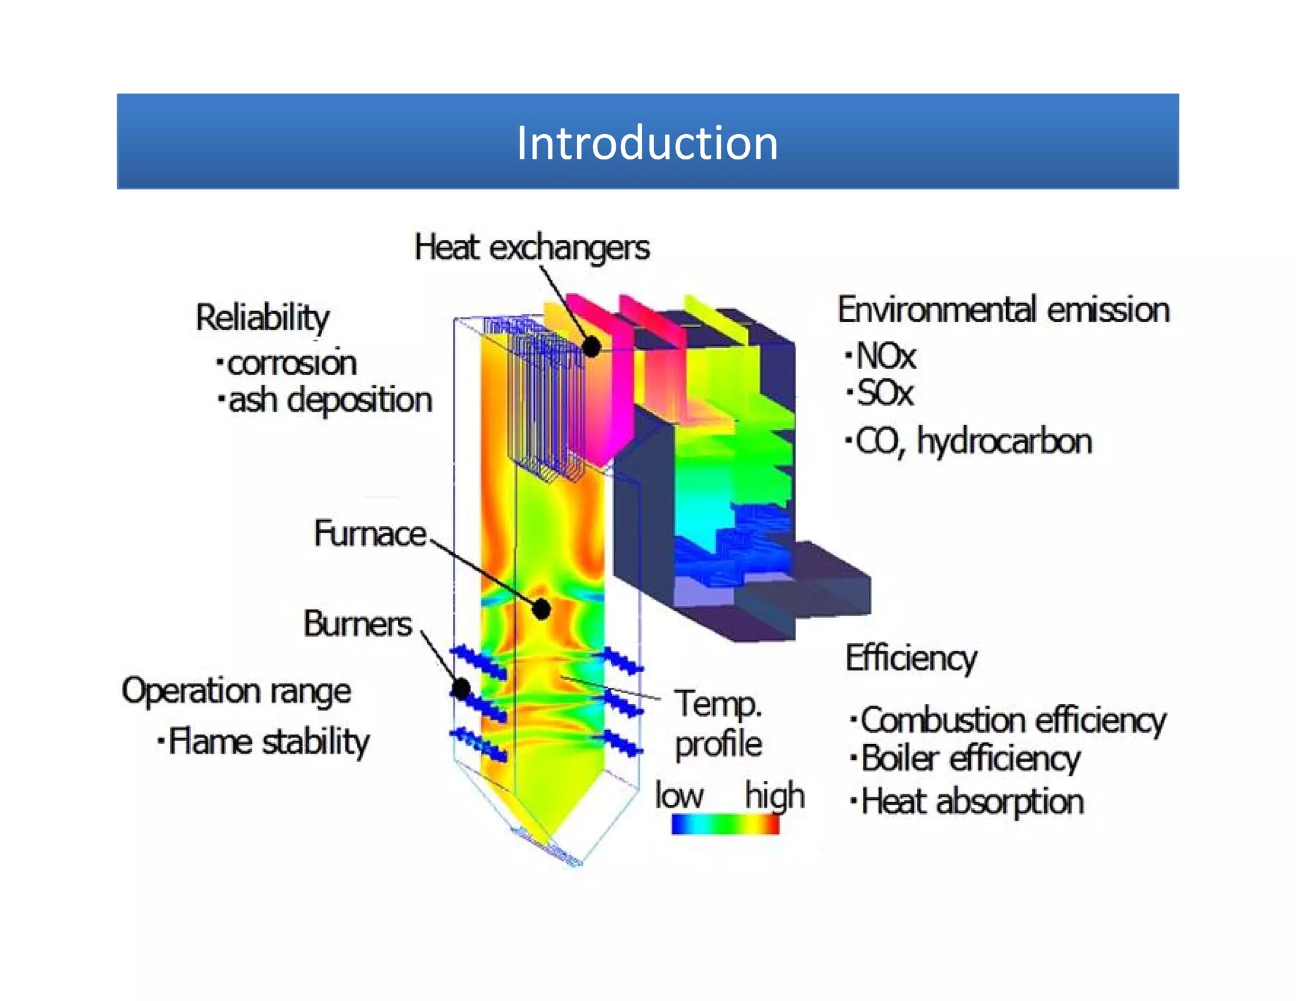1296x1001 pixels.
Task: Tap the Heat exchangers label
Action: click(532, 247)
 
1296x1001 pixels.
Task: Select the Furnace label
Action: click(370, 533)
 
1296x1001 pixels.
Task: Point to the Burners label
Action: click(358, 624)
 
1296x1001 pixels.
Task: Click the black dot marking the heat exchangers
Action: click(591, 346)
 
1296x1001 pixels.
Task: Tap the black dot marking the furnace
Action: click(541, 609)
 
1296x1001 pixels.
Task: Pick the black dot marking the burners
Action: click(461, 688)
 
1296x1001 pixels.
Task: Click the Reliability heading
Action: click(263, 318)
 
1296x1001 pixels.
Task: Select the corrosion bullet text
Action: click(292, 363)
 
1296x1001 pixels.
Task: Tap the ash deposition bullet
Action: click(330, 401)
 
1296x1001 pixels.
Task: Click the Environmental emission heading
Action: click(1004, 310)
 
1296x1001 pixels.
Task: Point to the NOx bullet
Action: click(885, 356)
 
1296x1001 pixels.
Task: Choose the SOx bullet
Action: click(884, 393)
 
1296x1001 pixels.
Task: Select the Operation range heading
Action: click(236, 691)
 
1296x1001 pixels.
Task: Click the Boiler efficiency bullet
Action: click(970, 759)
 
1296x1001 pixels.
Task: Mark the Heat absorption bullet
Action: click(972, 802)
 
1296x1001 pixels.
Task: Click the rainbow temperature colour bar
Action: click(725, 824)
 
